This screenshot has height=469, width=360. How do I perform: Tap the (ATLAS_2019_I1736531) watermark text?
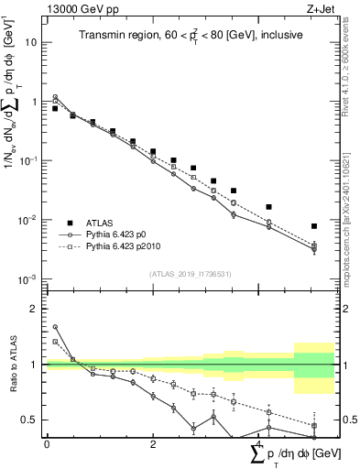191,274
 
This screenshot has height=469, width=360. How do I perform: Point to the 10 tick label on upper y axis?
32,43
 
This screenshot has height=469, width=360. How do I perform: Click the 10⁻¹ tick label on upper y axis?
31,161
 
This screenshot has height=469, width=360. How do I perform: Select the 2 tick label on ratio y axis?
36,309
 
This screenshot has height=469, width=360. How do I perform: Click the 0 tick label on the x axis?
47,444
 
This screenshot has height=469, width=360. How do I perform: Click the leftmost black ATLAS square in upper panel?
55,108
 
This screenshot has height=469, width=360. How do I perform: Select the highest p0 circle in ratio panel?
55,326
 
